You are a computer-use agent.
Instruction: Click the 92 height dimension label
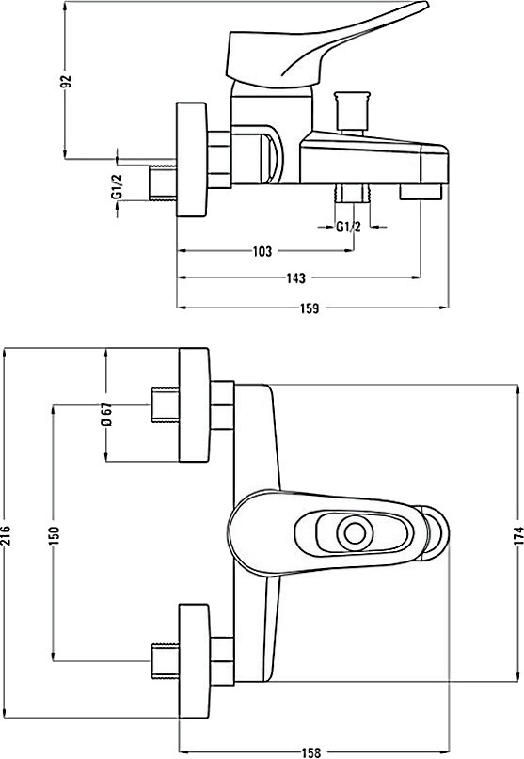(69, 81)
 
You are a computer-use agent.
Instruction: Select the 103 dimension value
(262, 251)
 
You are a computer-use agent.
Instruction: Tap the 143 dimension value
(296, 278)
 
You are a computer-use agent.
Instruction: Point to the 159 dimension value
(310, 308)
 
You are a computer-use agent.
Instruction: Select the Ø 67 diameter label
(107, 414)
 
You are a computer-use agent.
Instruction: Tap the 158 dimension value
(310, 752)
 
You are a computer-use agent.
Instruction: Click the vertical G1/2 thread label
(117, 186)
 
